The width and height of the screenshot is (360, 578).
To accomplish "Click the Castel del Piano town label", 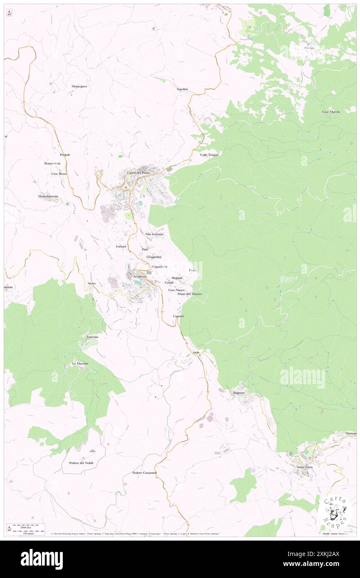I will [x=138, y=173].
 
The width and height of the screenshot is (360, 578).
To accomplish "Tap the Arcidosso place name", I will [x=138, y=277].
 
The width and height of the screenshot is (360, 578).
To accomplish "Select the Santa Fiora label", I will [x=304, y=467].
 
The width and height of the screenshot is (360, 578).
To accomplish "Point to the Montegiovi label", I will [x=79, y=86].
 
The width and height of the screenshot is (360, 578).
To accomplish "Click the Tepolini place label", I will [x=182, y=89].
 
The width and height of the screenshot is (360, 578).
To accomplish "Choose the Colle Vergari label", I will [x=209, y=155].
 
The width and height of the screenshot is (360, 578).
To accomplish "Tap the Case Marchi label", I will [x=331, y=112].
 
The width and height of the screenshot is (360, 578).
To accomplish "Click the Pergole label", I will [x=65, y=155].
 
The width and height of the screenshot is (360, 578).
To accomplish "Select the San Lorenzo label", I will [x=154, y=235].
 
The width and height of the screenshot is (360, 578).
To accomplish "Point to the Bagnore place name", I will [x=240, y=393].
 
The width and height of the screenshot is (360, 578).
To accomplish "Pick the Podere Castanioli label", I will [x=144, y=473].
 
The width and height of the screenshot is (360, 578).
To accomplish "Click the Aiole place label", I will [x=196, y=353].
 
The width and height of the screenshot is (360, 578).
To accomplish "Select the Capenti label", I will [x=178, y=316].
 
